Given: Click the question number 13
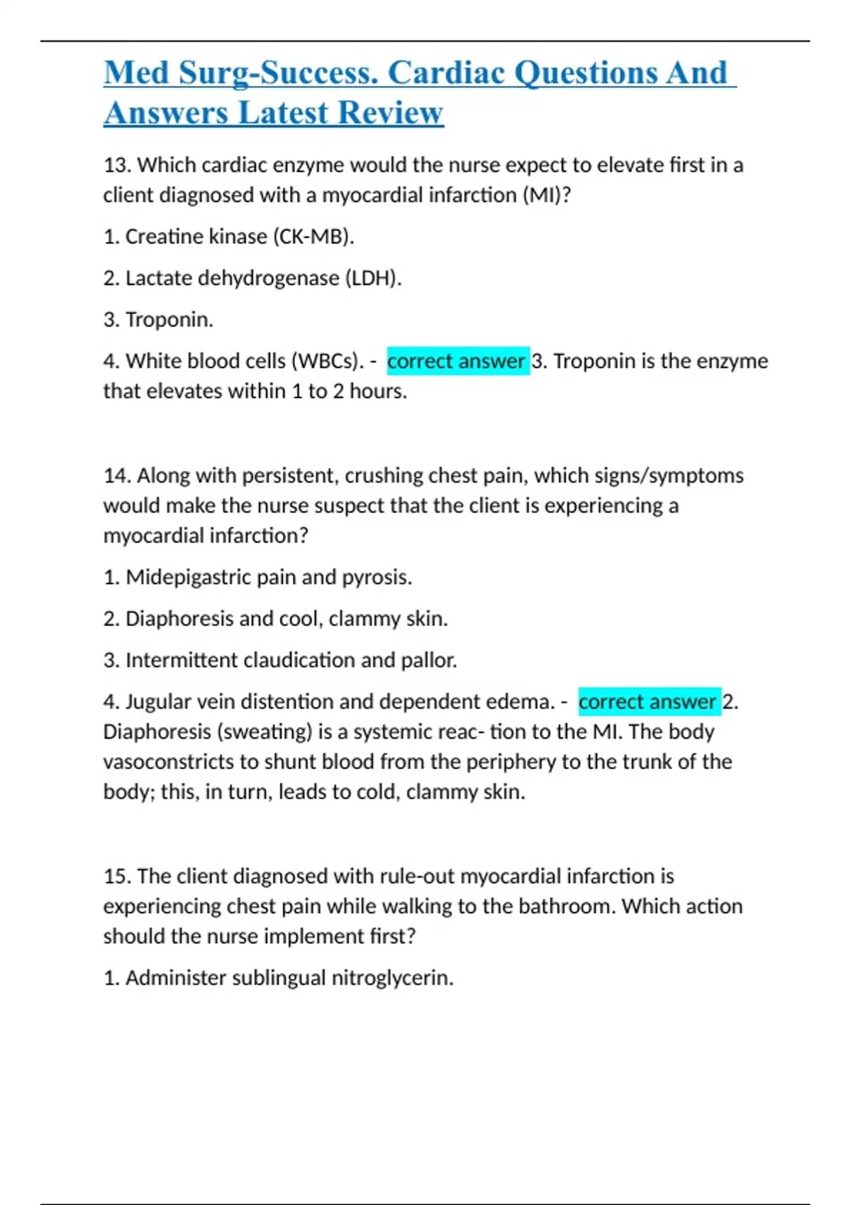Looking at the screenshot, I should pyautogui.click(x=117, y=165).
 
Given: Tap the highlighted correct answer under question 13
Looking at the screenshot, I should pyautogui.click(x=457, y=361).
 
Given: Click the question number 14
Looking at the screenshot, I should pyautogui.click(x=117, y=476).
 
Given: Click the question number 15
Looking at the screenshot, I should pyautogui.click(x=117, y=877).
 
